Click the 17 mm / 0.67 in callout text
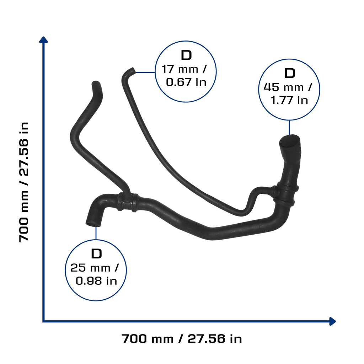pos(184,76)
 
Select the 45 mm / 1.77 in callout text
pos(288,94)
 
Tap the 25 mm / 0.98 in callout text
pos(95,274)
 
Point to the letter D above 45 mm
pos(290,73)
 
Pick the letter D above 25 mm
pos(97,254)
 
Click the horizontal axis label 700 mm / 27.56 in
pos(182,339)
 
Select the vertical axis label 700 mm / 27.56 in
pos(24,182)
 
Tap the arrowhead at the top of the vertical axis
pos(43,39)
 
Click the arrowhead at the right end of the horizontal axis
pos(332,321)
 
